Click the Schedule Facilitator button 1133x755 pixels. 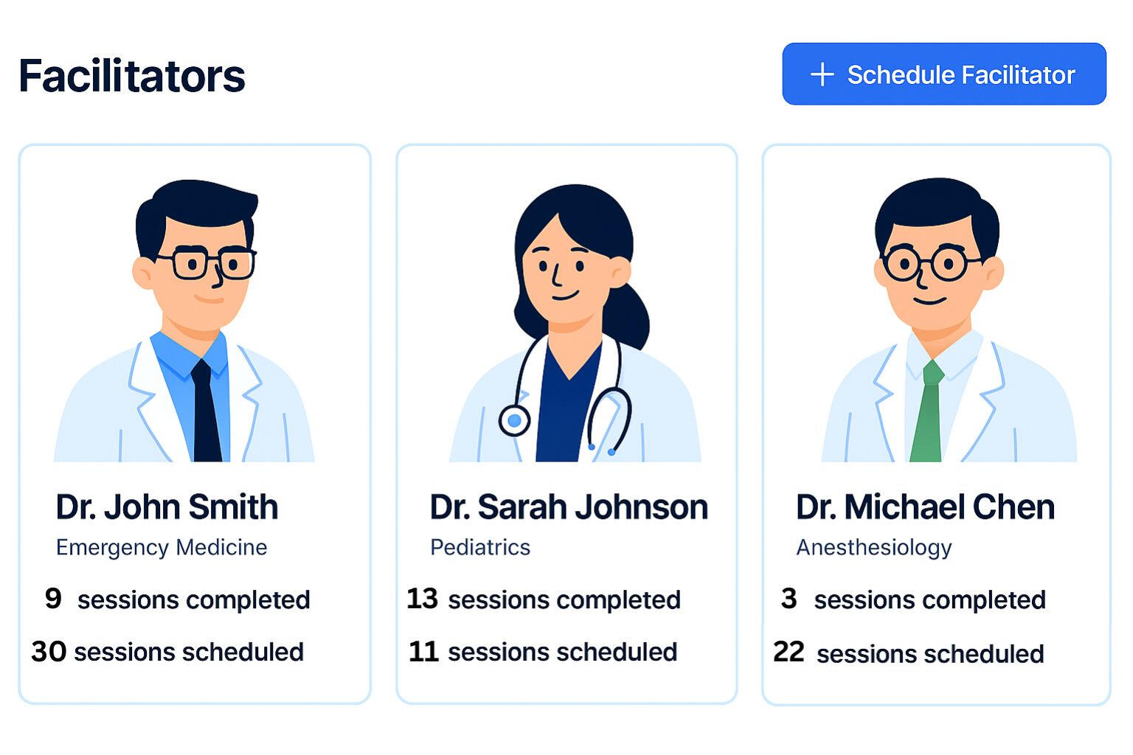click(943, 74)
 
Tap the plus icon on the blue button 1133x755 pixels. click(822, 74)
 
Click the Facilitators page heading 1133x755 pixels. click(132, 76)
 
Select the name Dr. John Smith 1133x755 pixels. click(167, 507)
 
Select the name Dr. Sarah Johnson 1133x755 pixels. click(568, 507)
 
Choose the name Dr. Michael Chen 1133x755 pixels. click(925, 507)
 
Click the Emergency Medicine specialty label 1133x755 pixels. click(162, 547)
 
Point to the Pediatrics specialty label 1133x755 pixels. click(480, 547)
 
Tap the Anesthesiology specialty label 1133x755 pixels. click(873, 547)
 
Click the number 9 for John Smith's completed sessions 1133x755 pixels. click(53, 598)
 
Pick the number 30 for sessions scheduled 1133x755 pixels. click(49, 651)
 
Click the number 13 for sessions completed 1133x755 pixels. click(422, 598)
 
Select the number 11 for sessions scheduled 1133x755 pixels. click(423, 651)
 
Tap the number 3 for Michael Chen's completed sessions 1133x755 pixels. click(789, 598)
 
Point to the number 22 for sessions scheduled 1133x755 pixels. click(789, 652)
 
